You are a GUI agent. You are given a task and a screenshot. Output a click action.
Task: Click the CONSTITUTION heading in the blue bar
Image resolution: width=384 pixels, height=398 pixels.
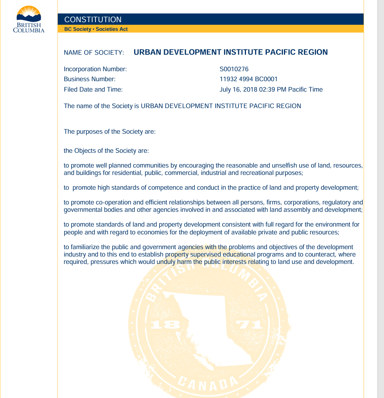[93, 20]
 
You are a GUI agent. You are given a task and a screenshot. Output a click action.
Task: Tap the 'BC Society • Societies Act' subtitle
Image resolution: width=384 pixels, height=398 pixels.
[96, 29]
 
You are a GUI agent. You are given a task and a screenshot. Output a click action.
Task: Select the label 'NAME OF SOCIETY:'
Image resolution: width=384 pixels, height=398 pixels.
[94, 53]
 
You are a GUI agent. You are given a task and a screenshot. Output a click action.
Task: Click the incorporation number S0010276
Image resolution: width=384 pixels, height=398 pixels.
[234, 69]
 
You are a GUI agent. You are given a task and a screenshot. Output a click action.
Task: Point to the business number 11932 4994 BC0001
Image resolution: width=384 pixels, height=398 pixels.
[249, 79]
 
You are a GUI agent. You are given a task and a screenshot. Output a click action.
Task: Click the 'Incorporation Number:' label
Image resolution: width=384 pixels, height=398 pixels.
[95, 69]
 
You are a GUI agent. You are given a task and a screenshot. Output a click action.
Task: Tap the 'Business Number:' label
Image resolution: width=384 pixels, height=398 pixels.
[89, 79]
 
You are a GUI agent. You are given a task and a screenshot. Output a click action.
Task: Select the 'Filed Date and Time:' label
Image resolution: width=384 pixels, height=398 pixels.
[93, 89]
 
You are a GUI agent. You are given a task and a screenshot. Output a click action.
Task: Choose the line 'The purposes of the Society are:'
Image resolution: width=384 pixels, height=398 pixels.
[109, 132]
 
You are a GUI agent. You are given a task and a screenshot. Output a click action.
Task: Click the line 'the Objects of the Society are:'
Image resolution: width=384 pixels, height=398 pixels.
[106, 151]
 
